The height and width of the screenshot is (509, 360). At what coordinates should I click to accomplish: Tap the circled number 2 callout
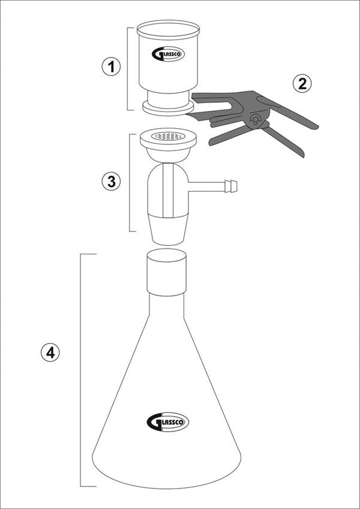[302, 83]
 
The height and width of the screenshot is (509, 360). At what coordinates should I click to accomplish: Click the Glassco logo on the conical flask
[167, 422]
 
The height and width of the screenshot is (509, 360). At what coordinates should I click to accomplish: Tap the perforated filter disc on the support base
[168, 137]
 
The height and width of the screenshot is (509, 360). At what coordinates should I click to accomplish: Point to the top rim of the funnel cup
[168, 27]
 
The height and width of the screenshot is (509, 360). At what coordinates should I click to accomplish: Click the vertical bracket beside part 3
[130, 182]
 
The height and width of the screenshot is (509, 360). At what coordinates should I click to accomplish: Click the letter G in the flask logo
[152, 422]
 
